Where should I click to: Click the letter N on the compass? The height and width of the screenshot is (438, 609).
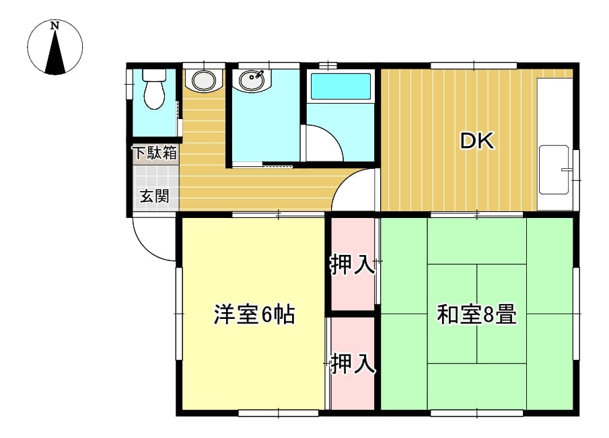point(55,26)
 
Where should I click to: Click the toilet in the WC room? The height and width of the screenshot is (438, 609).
point(154,89)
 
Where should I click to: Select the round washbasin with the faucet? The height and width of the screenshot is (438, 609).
point(252,80)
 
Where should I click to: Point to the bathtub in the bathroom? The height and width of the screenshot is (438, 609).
point(341,86)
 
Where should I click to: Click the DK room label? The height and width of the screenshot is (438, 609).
point(477,141)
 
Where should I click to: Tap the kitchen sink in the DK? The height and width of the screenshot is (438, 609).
point(554,170)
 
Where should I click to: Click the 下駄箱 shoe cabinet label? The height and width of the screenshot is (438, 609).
point(155,153)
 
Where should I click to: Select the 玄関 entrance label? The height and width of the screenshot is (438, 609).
point(155,196)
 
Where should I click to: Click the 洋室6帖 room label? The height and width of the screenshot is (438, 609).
point(254,314)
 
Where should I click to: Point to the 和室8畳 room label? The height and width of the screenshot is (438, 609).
point(476,314)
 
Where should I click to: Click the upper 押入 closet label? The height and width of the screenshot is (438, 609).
point(352,265)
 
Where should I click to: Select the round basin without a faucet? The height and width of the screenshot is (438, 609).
point(204,80)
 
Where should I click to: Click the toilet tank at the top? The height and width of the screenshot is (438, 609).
point(154,75)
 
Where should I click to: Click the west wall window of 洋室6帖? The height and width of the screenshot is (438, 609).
point(179,313)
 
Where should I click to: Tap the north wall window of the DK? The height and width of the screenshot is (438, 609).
point(474,66)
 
